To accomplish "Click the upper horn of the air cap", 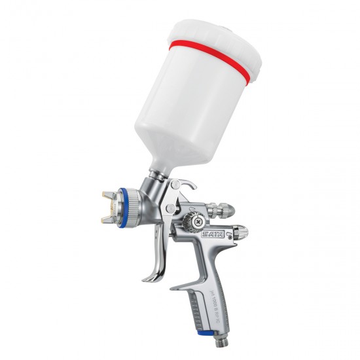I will point(108,194).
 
